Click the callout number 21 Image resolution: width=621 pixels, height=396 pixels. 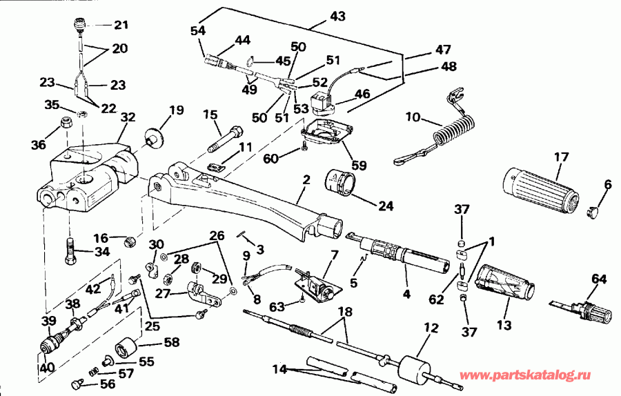click(x=121, y=26)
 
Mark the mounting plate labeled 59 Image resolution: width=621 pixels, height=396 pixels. click(x=324, y=131)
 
